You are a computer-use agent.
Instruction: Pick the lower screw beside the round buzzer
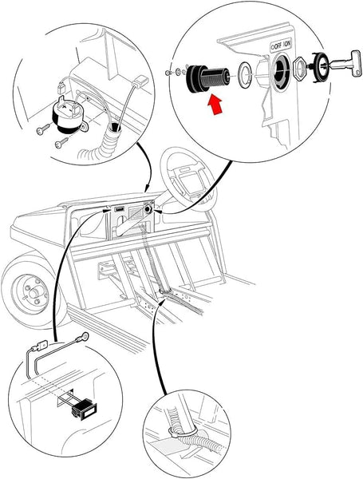click(x=60, y=144)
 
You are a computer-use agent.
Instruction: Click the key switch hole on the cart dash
click(x=148, y=211)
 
